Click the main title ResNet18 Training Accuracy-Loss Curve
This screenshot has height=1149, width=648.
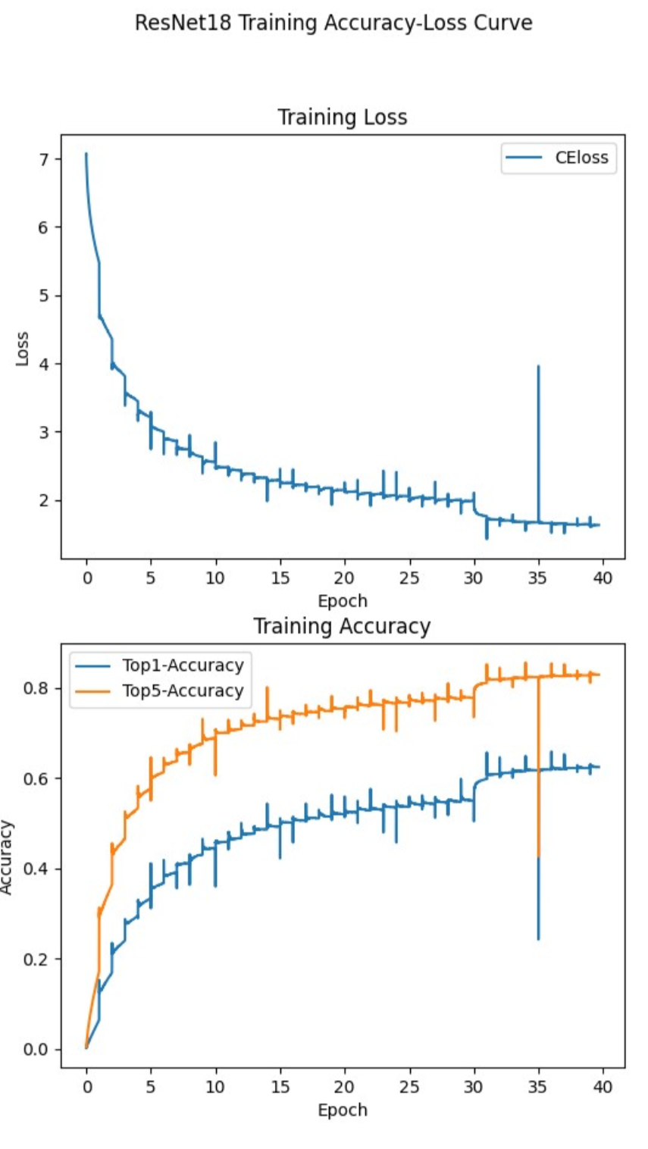[x=333, y=23]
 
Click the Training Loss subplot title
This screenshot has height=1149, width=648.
[x=342, y=117]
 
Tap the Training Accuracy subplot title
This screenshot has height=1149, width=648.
[x=342, y=627]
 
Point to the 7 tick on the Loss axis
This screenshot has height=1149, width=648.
[x=45, y=159]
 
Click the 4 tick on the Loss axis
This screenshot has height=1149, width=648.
[x=45, y=364]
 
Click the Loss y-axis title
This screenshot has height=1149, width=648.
[x=23, y=348]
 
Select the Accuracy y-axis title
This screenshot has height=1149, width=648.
[x=8, y=857]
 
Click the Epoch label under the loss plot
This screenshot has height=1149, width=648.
[x=343, y=601]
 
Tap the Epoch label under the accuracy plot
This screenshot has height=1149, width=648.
[x=343, y=1110]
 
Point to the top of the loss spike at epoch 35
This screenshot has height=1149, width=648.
[x=538, y=367]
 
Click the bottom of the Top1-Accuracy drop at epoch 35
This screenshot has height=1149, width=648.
[x=538, y=938]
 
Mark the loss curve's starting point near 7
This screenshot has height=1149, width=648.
[x=86, y=155]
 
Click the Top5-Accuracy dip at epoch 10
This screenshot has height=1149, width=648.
[x=215, y=773]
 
